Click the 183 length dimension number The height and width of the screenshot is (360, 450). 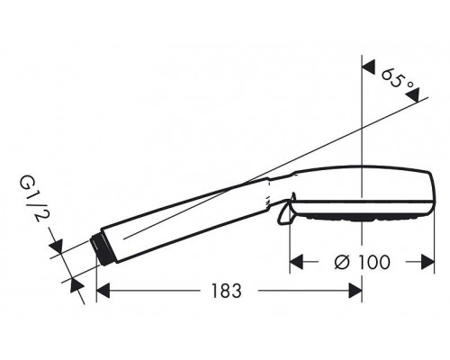(226, 291)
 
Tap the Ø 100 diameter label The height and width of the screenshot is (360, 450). (363, 262)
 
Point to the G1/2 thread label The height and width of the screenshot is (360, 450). (31, 198)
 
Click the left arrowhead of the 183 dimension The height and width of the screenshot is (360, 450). (103, 291)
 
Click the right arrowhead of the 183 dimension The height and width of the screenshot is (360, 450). (355, 291)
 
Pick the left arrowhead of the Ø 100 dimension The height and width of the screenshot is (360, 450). (297, 262)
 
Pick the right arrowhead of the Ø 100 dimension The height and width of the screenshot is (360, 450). (427, 262)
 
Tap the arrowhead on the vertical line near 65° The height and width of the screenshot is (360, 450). (369, 67)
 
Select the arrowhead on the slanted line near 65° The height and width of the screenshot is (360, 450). (412, 95)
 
